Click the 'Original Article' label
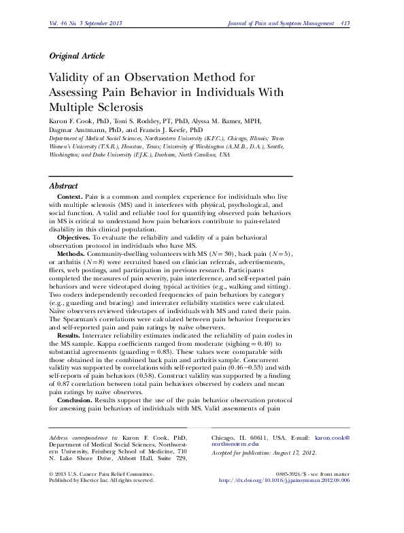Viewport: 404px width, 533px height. (x=75, y=56)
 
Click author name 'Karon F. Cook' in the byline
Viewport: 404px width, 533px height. (x=71, y=120)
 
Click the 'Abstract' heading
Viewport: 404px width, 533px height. (x=65, y=186)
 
